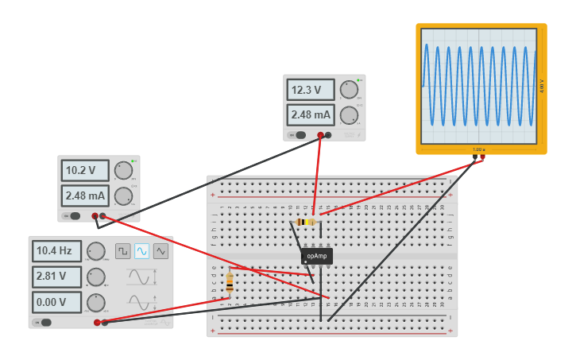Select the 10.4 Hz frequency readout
56,251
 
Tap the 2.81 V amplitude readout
56,277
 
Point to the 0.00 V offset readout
56,302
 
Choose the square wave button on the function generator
122,251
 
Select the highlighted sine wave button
141,251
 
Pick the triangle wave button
160,251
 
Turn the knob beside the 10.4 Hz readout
96,251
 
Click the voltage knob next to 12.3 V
348,89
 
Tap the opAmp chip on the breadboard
316,256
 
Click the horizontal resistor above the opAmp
305,222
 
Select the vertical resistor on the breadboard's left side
230,282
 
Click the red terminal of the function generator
97,322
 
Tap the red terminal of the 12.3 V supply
320,135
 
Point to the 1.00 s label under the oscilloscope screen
478,149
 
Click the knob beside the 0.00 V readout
96,302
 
